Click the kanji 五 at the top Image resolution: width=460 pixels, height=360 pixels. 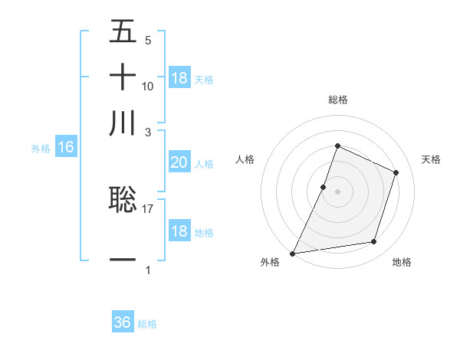point(123,32)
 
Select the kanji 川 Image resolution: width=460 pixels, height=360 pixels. point(123,123)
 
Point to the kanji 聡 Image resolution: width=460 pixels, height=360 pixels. point(123,199)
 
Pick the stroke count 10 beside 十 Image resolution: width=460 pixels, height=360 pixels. point(148,86)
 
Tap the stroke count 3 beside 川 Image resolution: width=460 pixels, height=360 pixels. point(148,132)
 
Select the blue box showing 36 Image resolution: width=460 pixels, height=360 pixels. point(123,322)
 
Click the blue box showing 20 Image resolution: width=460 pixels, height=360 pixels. point(179,162)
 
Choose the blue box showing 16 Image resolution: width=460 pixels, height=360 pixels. point(66,148)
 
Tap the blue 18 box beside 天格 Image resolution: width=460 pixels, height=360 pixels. point(179,78)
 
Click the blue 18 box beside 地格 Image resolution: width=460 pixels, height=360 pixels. point(179,231)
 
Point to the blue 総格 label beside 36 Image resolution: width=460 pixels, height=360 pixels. point(147,324)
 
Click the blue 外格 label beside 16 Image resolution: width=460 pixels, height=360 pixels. point(41,149)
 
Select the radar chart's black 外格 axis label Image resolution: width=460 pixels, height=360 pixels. point(271,263)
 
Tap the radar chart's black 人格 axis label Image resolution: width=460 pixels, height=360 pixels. point(245,159)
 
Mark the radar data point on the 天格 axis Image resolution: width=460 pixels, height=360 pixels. point(396,172)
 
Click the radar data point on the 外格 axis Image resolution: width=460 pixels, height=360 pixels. point(293,253)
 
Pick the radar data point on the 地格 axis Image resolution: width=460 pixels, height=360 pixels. point(374,242)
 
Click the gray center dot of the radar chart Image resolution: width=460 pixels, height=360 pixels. point(337,191)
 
